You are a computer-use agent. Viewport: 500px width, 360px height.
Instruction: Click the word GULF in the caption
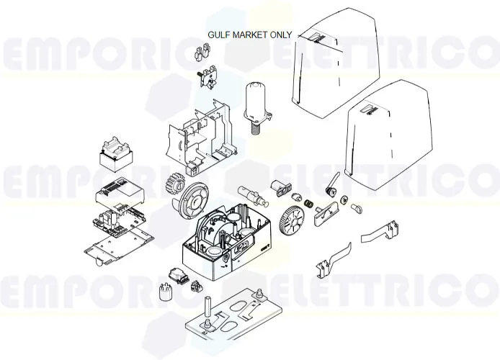219,34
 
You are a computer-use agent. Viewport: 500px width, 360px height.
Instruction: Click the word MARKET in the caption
249,34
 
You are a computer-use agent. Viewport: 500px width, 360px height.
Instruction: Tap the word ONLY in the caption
280,34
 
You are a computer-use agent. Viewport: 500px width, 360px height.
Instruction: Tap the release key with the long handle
332,183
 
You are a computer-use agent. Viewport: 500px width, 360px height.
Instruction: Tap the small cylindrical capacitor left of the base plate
164,293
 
